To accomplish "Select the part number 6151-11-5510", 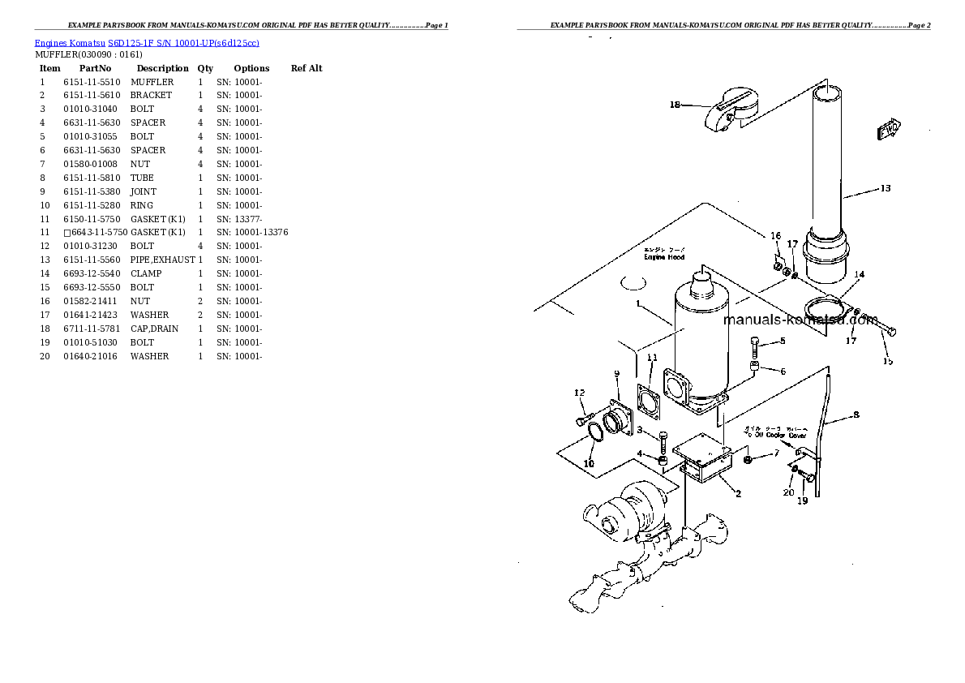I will [x=92, y=82].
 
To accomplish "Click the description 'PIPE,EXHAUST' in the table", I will [x=162, y=260].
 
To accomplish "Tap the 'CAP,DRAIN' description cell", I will [x=154, y=329].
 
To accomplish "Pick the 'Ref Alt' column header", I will [x=306, y=68].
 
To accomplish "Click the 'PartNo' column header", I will [x=95, y=68].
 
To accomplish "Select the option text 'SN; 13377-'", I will [x=238, y=219].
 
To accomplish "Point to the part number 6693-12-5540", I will [x=92, y=273].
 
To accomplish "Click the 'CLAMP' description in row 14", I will [x=145, y=273].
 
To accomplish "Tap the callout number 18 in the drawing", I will [x=675, y=104].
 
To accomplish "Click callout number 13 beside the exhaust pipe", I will [x=885, y=188].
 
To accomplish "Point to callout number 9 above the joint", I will [x=615, y=372].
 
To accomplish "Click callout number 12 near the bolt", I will [x=579, y=393].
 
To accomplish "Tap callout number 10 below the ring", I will [x=589, y=464].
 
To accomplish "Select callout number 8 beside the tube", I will [x=853, y=416].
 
